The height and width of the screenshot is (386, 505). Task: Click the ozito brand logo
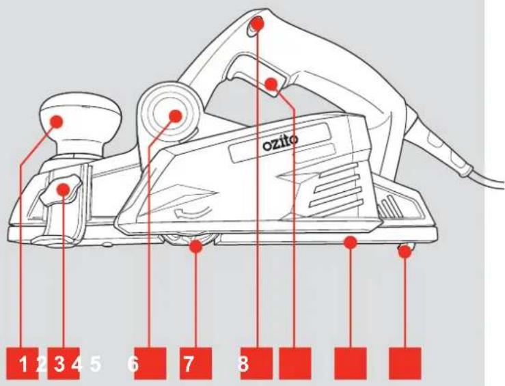click(281, 143)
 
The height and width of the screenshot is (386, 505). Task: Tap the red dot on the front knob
click(57, 122)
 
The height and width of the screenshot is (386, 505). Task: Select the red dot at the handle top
click(258, 23)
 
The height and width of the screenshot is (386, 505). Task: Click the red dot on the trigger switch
click(271, 84)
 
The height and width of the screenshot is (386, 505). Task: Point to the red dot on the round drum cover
click(176, 116)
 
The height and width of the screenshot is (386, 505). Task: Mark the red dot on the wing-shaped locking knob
click(64, 190)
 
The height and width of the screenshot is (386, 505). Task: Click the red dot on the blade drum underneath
click(196, 247)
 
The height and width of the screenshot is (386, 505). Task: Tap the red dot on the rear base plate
click(351, 242)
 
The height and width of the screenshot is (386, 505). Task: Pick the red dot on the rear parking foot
click(405, 252)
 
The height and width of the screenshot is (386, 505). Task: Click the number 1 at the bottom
click(23, 364)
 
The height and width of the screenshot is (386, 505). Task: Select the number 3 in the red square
click(59, 364)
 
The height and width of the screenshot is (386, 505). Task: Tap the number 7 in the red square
click(189, 364)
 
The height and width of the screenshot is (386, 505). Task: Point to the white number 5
click(96, 364)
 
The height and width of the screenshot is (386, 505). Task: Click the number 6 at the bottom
click(133, 364)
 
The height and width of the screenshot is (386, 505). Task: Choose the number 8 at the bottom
click(243, 364)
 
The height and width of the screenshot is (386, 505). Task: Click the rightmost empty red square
click(405, 363)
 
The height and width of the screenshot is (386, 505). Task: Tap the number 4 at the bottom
click(77, 364)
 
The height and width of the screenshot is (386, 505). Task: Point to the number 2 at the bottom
click(41, 364)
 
